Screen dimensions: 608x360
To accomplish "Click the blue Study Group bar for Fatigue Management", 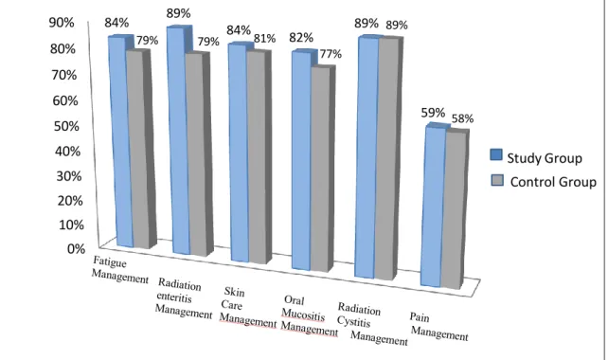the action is click(120, 141).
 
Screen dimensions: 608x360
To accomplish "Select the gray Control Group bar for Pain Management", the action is click(455, 210).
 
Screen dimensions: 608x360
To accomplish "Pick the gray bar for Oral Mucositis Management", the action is click(321, 170).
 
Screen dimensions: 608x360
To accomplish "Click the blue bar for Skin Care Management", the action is click(239, 153).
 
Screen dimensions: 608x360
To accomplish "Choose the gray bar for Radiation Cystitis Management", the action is click(388, 158).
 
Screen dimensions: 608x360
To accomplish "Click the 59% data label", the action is click(433, 113).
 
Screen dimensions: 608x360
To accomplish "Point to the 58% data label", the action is click(462, 118).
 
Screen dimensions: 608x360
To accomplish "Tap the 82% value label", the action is click(301, 37).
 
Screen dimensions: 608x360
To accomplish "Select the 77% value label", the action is click(331, 54).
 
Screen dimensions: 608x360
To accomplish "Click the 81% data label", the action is click(264, 39).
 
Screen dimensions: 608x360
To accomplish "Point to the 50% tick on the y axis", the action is click(66, 126).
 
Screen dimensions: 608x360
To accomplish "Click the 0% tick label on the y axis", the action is click(76, 248).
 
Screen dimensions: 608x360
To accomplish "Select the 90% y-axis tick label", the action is click(62, 23).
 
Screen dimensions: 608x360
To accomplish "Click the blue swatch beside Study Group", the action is click(496, 154).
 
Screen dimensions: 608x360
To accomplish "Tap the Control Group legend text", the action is click(553, 182).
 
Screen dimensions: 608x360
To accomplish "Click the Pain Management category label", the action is click(438, 327).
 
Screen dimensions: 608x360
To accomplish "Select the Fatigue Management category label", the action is click(120, 270).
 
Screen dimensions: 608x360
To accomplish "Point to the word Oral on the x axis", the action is click(294, 300).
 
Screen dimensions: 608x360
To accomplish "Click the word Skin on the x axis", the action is click(234, 291).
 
